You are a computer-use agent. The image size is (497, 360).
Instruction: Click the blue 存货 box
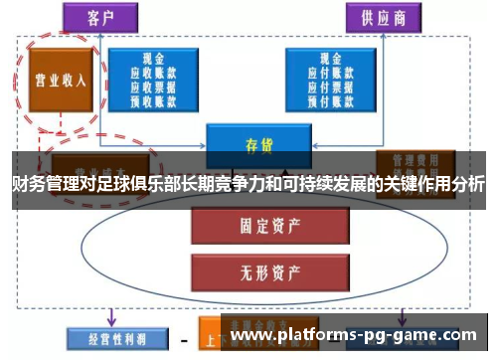pos(251,143)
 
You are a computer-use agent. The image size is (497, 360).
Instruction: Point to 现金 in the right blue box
pos(328,59)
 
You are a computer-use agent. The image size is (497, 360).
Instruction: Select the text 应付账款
pos(328,73)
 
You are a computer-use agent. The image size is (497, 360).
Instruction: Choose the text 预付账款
pos(328,100)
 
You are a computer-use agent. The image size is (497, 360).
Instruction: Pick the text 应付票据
pos(328,87)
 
